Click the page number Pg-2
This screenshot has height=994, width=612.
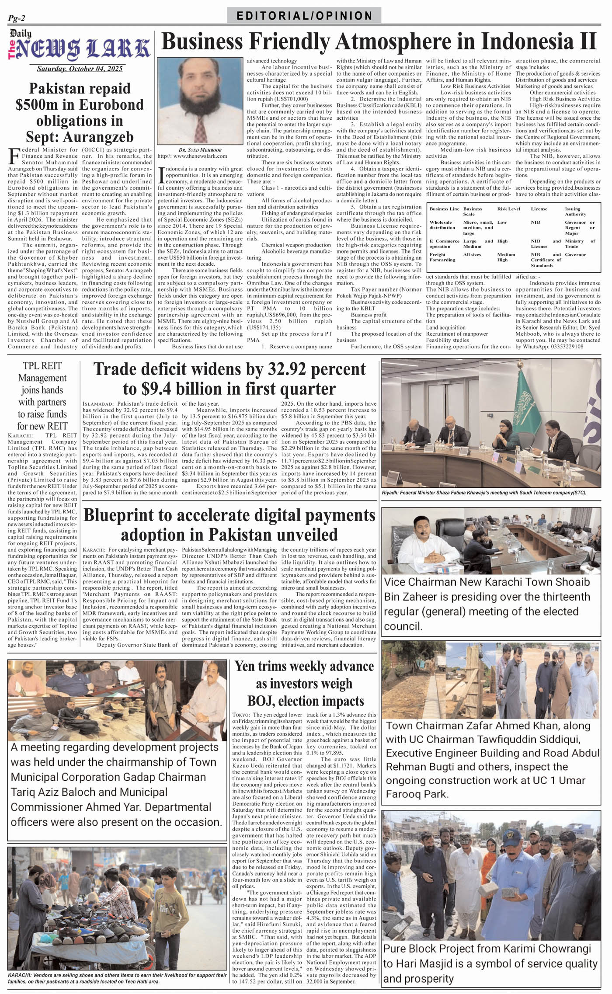click(17, 18)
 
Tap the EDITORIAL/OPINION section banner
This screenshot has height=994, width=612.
click(304, 16)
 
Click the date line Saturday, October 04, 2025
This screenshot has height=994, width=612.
click(80, 69)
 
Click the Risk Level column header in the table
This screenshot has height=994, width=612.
click(508, 209)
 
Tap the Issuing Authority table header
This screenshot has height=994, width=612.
click(575, 212)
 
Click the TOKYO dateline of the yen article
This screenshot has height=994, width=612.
click(241, 715)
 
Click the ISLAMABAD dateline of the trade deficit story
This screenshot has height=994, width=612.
click(98, 404)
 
